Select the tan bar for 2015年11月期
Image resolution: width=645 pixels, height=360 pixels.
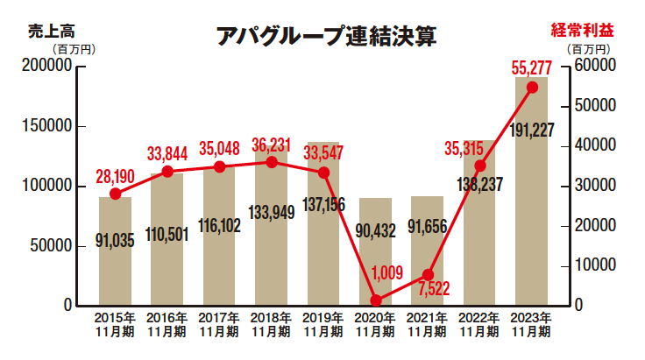click(115, 263)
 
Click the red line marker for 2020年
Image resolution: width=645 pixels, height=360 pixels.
click(376, 300)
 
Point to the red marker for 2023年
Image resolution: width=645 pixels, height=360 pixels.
click(532, 87)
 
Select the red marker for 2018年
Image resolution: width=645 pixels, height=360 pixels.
click(272, 162)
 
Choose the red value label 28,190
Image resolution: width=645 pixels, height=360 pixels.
click(114, 177)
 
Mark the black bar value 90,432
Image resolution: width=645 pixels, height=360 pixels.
click(375, 232)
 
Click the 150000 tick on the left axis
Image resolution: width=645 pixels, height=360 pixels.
click(44, 126)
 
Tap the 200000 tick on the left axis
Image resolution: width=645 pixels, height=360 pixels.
click(44, 66)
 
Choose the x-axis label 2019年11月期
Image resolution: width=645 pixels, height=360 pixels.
click(323, 324)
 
